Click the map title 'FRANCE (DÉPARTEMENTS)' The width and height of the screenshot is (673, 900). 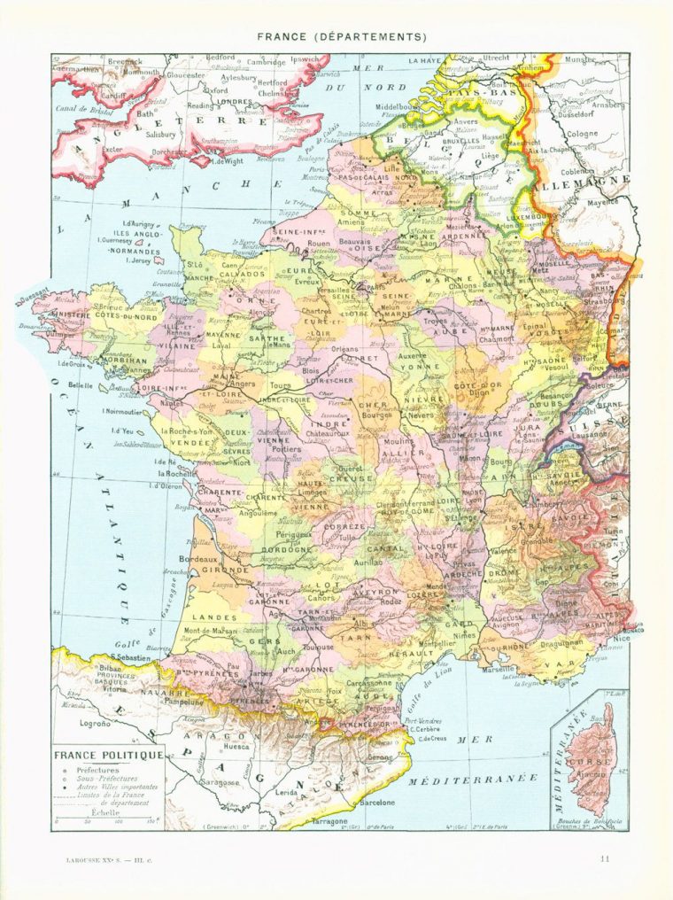coord(342,37)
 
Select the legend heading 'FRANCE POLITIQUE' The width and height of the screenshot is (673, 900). coord(109,756)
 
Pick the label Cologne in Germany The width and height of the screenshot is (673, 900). coord(582,134)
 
